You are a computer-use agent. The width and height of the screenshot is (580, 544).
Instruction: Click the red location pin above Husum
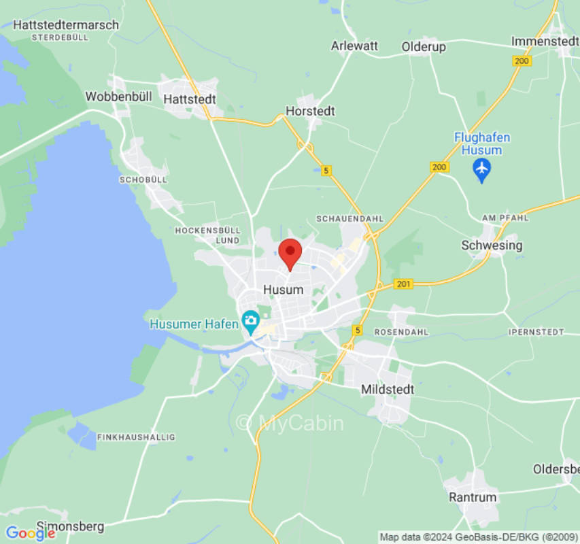click(291, 254)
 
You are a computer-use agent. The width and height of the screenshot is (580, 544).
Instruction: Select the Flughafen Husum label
click(482, 143)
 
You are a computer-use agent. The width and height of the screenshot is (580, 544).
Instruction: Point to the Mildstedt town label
click(387, 390)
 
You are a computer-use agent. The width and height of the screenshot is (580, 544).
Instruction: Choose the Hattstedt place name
click(190, 99)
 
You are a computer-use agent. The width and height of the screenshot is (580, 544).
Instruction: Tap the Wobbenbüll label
click(118, 97)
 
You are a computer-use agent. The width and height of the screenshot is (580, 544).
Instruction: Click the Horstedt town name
click(310, 111)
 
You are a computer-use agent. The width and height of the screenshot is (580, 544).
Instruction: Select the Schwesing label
click(492, 245)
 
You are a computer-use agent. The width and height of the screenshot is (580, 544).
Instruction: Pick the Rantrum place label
click(473, 497)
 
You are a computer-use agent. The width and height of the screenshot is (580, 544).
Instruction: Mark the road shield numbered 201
click(403, 284)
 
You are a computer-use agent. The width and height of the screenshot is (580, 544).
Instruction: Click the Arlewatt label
click(354, 46)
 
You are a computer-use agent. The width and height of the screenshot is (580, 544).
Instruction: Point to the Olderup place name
click(424, 46)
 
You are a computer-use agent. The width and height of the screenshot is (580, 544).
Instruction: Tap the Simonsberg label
click(70, 526)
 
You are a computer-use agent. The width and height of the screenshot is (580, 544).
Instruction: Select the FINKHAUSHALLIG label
click(136, 437)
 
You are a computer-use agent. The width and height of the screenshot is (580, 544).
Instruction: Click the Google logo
click(30, 533)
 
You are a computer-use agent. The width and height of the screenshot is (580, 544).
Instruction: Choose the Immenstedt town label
click(545, 41)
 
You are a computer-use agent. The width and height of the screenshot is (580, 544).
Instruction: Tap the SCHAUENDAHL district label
click(350, 219)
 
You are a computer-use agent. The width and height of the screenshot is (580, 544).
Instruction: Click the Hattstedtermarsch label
click(66, 24)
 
